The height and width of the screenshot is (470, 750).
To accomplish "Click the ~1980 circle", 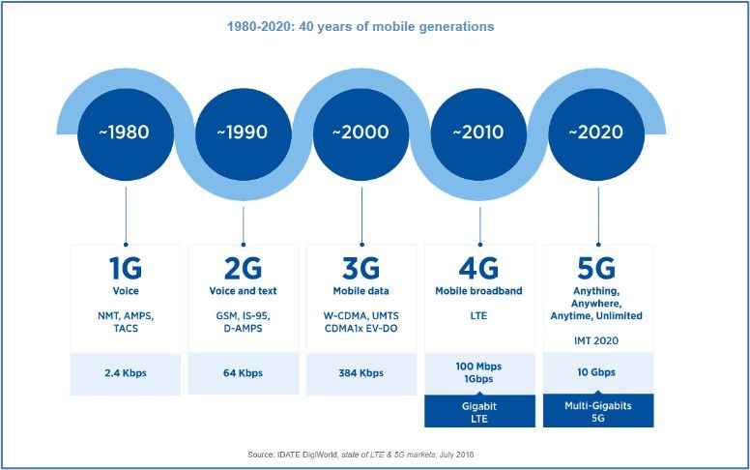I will coord(126,132).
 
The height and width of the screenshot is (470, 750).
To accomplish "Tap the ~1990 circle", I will coord(244,132).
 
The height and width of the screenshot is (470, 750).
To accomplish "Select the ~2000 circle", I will coord(361,132).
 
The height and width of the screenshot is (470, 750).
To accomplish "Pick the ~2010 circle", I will coord(480,132).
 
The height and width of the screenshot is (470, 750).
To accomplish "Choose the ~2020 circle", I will coord(598,132).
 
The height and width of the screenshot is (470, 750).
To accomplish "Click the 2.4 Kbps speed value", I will coord(125,372).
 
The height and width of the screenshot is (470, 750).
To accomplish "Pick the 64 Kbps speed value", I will coord(243,372).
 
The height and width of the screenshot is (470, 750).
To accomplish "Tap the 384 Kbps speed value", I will coord(361,372).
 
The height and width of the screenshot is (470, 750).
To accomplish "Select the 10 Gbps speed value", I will coord(598,372).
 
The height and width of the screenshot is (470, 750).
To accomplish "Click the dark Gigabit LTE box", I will coord(479,411).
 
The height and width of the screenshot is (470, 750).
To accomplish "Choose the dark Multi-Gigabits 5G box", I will coord(598,411).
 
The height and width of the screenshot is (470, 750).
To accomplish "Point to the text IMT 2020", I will coord(598,340).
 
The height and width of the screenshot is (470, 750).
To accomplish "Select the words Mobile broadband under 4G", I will coord(479,290).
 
